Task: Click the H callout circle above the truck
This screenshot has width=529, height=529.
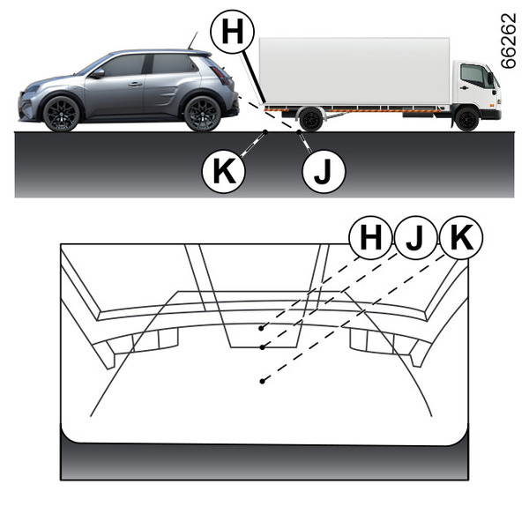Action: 232,32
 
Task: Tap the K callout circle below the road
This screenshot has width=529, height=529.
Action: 223,171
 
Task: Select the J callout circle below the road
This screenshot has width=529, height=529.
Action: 324,171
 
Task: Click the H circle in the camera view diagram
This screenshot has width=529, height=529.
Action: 370,237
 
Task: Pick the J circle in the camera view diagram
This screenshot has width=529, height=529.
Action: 415,237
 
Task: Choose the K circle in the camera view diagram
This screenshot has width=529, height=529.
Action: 461,237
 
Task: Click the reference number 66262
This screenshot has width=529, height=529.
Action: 509,41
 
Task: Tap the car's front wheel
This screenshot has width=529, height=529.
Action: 62,114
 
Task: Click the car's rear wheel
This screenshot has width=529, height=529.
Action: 203,114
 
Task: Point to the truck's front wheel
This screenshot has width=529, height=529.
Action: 466,119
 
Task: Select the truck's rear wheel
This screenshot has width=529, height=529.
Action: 310,119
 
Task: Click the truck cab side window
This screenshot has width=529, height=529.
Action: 473,76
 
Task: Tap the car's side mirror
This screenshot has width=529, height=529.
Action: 98,73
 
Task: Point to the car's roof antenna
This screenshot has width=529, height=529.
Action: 192,41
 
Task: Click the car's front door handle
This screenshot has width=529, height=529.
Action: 135,84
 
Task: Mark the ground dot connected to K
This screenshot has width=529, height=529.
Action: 265,132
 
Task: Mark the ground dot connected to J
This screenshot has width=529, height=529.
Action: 299,132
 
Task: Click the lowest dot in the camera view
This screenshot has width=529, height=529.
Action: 262,381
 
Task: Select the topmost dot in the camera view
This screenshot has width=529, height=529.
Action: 261,328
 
